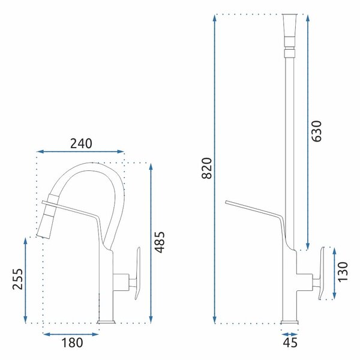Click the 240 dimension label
(81, 143)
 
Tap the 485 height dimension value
(160, 242)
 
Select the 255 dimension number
(17, 279)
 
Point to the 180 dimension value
(72, 343)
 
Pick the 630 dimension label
(317, 131)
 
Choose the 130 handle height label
(343, 272)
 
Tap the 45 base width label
(290, 343)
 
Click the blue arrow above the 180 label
(71, 334)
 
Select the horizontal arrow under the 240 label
(80, 151)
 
